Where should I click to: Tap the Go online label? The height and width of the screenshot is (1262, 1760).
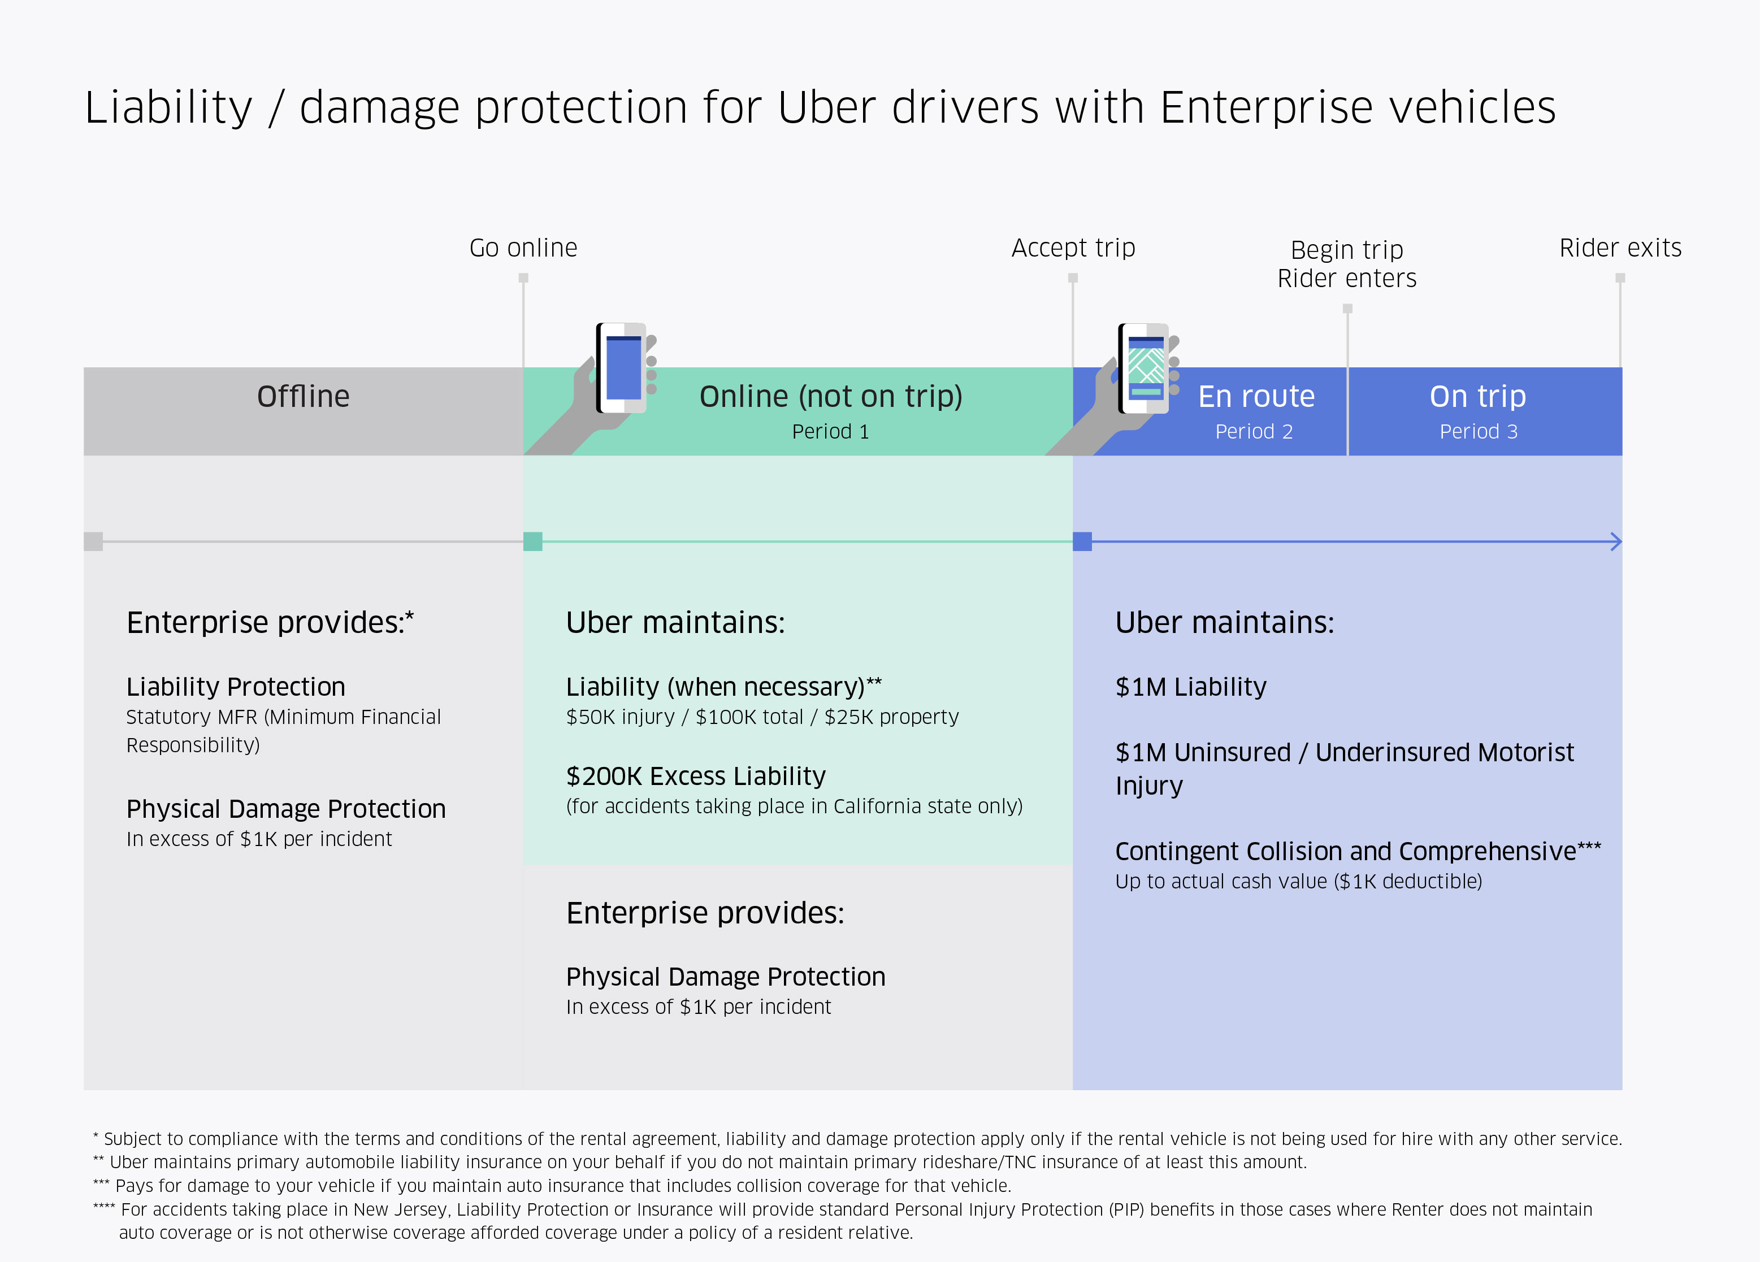524,248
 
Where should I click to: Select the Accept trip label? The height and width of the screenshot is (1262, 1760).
1073,248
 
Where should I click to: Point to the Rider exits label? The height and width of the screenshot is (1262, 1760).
1620,248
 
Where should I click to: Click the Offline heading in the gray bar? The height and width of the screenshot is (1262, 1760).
304,397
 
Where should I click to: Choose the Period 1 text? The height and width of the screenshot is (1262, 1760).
830,432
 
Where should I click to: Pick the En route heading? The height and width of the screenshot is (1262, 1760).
1256,397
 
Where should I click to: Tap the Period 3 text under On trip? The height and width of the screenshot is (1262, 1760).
1479,432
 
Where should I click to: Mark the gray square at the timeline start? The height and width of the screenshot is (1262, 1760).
93,542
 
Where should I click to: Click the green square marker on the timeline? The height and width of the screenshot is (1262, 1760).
533,542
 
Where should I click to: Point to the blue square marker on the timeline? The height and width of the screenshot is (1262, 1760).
1082,542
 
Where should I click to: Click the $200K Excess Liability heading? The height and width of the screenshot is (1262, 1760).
696,776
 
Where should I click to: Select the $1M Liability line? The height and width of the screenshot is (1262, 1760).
1191,687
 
